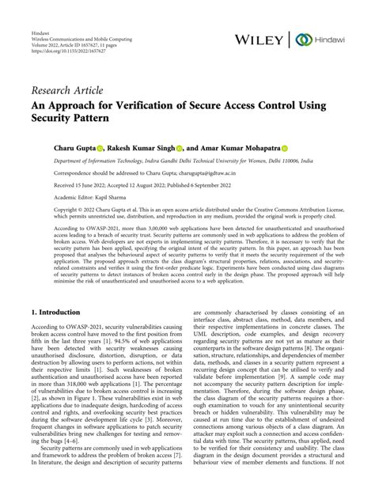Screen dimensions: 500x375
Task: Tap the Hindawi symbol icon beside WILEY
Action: click(x=302, y=39)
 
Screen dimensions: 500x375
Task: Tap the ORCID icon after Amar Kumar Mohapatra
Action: click(x=284, y=147)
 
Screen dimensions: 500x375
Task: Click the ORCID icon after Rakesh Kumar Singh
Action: click(x=180, y=147)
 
